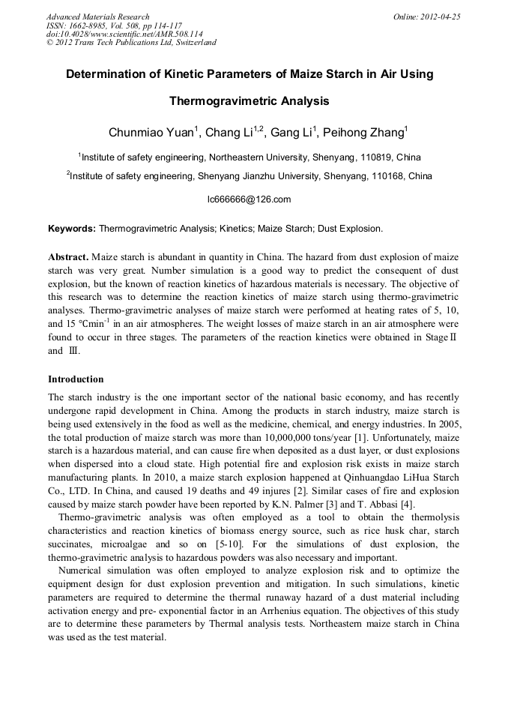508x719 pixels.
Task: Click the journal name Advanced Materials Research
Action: click(97, 16)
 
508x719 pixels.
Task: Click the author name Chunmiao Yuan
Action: click(151, 133)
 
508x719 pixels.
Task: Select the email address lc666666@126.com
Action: click(249, 199)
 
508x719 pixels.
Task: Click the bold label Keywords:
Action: click(72, 227)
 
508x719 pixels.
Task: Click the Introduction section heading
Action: click(76, 379)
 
